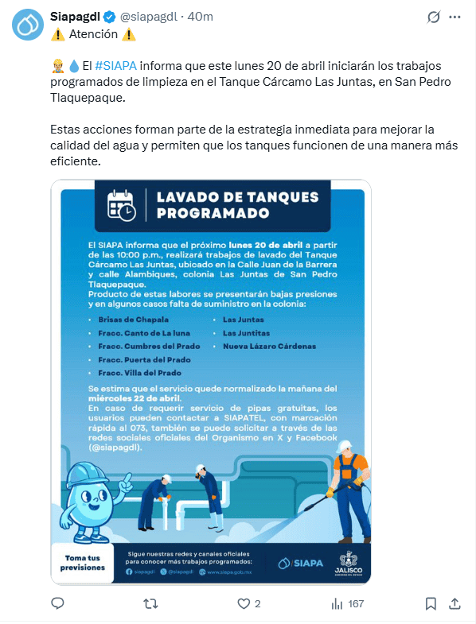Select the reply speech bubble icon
click(x=57, y=603)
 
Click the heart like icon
click(x=244, y=603)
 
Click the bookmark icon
click(x=431, y=603)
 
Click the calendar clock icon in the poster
click(x=122, y=205)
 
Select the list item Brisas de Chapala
click(x=128, y=319)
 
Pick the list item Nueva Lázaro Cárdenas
click(x=269, y=346)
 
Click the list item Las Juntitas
click(x=247, y=332)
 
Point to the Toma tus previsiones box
click(x=84, y=562)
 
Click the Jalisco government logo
click(x=348, y=563)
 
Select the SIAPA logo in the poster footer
click(x=301, y=563)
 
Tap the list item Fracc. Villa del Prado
click(x=134, y=373)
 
